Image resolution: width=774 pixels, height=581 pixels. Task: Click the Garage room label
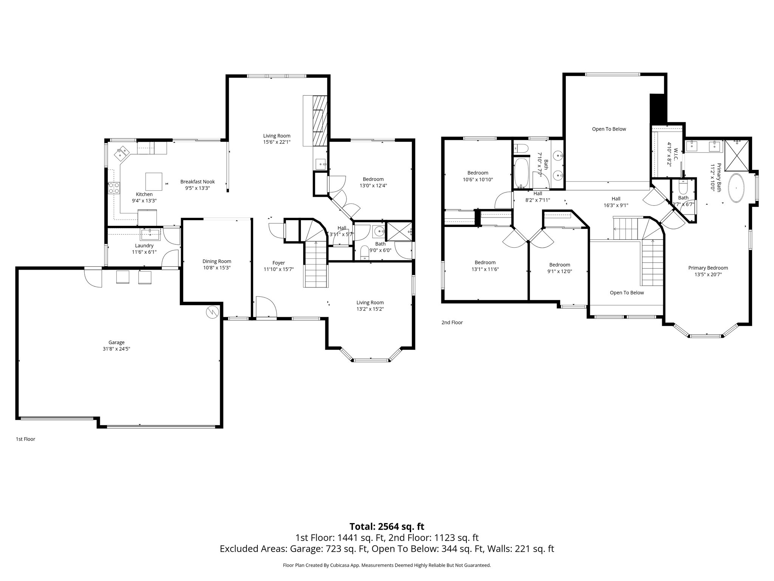click(x=116, y=343)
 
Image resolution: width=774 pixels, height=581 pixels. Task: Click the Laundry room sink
click(x=150, y=235)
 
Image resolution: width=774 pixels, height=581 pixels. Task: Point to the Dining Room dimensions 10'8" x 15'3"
click(x=217, y=268)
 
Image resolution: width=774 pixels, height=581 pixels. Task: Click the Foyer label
click(x=279, y=263)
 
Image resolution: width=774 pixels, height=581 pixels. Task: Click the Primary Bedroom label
click(x=708, y=268)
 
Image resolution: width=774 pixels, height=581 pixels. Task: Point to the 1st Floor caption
click(x=25, y=439)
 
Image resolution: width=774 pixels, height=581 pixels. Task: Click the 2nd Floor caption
click(x=452, y=323)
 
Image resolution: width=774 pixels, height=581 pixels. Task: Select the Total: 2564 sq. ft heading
click(x=387, y=527)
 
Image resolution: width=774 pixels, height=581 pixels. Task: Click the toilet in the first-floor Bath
click(x=365, y=252)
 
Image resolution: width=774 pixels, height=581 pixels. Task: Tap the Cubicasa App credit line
click(x=387, y=565)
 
